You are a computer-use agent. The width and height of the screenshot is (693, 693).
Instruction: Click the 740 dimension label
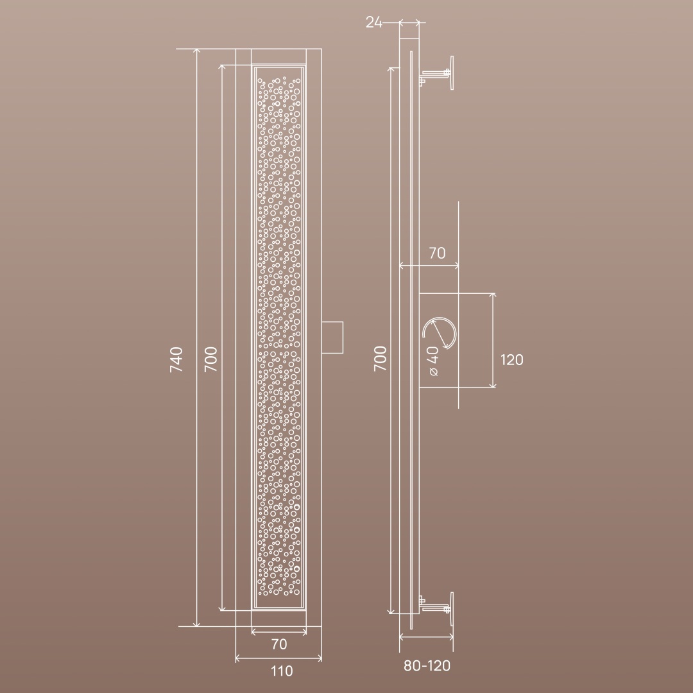click(176, 359)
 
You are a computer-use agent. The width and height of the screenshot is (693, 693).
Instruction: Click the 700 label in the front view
click(211, 359)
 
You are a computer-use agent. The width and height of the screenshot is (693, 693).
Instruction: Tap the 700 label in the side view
click(380, 359)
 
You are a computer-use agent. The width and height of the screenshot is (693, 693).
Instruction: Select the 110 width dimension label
click(282, 671)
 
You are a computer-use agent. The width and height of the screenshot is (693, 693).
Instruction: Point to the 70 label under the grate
click(279, 644)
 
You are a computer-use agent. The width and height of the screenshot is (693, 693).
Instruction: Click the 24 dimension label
click(373, 22)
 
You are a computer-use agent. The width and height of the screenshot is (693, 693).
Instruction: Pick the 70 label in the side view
click(437, 253)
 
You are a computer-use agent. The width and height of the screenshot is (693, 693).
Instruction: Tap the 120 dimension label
click(512, 360)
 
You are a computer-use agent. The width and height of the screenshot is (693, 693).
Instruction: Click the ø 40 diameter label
click(433, 361)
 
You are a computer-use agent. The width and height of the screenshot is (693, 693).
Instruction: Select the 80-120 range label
click(427, 665)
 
